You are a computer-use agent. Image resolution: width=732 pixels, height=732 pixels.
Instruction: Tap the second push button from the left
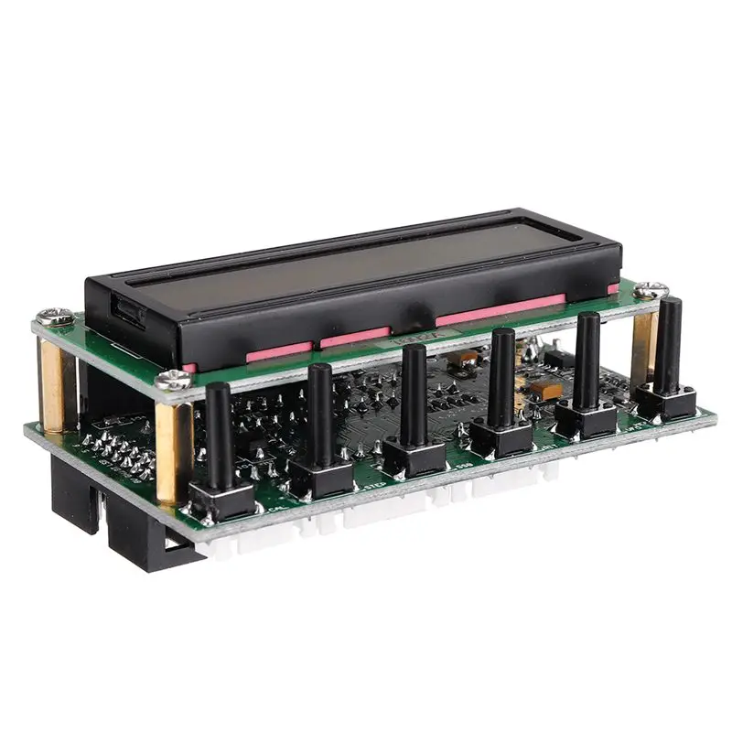click(x=320, y=417)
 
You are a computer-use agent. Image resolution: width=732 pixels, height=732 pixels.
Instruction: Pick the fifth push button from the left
click(x=587, y=361)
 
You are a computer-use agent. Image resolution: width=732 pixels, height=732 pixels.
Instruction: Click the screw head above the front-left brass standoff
click(x=169, y=382)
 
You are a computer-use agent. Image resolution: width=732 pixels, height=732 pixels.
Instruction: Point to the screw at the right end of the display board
click(x=651, y=290)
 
